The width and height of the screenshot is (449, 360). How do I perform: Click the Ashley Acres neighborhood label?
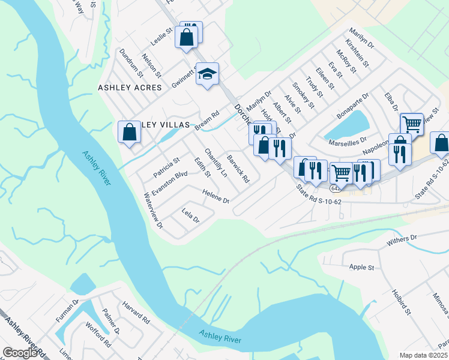tap(130, 88)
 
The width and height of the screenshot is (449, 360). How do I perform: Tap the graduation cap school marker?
tap(207, 74)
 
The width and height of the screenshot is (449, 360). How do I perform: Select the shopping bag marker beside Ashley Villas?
tap(130, 132)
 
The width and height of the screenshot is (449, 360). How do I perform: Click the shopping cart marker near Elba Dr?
tap(411, 124)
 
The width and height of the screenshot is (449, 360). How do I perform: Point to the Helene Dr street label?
tap(217, 196)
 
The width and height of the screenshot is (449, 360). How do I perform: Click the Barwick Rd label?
tap(238, 169)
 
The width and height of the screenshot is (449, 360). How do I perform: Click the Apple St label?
tap(361, 266)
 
